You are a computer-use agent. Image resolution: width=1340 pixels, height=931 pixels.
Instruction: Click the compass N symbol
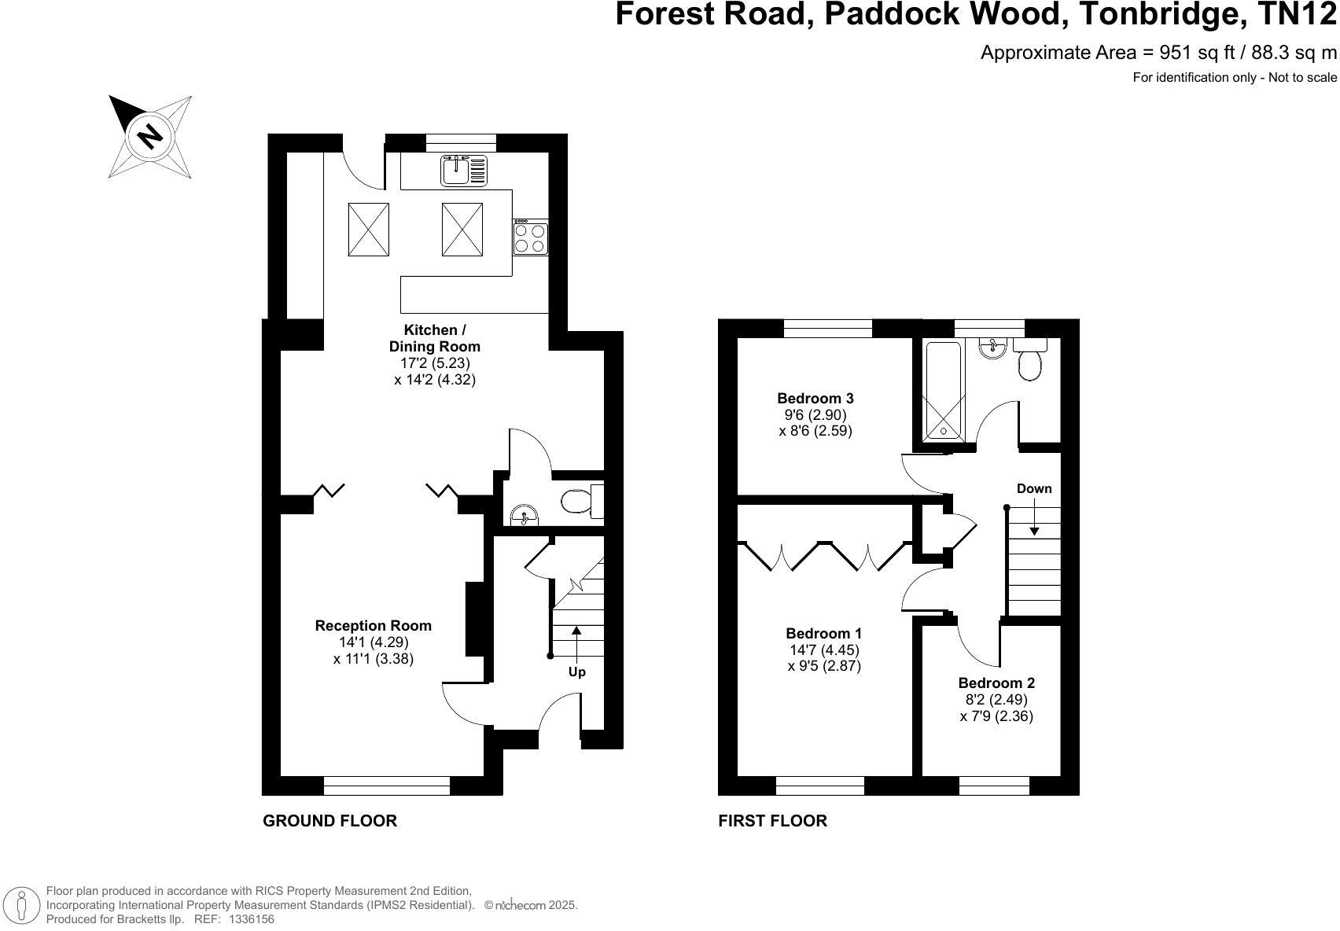pyautogui.click(x=149, y=137)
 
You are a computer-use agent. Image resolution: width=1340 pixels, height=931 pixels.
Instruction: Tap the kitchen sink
pyautogui.click(x=464, y=171)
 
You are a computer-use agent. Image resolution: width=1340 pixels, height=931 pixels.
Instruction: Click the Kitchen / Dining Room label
pyautogui.click(x=434, y=338)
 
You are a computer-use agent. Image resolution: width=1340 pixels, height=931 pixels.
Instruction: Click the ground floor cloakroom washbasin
pyautogui.click(x=524, y=516)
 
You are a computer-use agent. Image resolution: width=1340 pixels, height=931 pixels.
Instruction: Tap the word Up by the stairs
pyautogui.click(x=576, y=672)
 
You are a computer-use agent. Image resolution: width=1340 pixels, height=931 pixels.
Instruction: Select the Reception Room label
pyautogui.click(x=373, y=626)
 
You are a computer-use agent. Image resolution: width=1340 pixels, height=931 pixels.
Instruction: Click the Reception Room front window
pyautogui.click(x=386, y=786)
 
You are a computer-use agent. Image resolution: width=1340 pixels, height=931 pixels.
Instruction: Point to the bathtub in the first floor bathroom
pyautogui.click(x=941, y=390)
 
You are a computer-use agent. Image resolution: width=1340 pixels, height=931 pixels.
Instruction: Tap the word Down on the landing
pyautogui.click(x=1033, y=489)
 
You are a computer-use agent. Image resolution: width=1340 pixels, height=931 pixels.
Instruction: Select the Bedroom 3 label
pyautogui.click(x=815, y=399)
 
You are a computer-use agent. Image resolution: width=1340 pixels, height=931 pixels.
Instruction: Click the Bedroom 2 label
pyautogui.click(x=996, y=683)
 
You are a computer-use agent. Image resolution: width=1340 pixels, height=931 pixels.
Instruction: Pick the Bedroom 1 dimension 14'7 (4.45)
pyautogui.click(x=824, y=650)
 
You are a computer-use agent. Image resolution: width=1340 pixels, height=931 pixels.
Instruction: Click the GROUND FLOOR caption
pyautogui.click(x=329, y=821)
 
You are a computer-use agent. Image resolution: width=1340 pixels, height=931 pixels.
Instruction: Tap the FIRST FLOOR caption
pyautogui.click(x=772, y=821)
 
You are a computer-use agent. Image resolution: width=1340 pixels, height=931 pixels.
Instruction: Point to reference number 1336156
pyautogui.click(x=251, y=918)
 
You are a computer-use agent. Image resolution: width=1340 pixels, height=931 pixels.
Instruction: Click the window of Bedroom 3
pyautogui.click(x=827, y=328)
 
